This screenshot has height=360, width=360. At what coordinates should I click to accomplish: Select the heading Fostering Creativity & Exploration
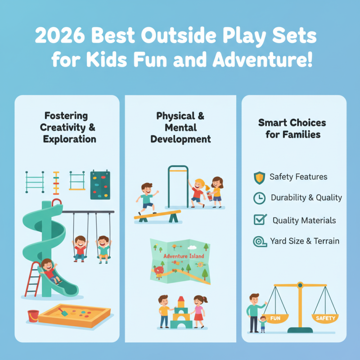[x=68, y=127]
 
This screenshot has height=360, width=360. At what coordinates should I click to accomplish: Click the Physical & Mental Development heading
[x=180, y=127]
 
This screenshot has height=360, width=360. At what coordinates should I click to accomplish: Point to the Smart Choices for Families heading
[x=292, y=128]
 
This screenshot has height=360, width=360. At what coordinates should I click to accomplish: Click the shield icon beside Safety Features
[x=259, y=177]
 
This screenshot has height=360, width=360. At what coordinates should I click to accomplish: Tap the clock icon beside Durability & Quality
[x=259, y=198]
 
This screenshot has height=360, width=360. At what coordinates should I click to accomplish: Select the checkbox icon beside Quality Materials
[x=260, y=220]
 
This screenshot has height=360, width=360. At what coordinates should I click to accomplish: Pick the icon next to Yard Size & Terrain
[x=259, y=241]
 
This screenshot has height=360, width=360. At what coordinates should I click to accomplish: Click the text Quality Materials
[x=304, y=220]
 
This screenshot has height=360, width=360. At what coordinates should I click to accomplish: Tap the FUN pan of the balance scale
[x=275, y=319]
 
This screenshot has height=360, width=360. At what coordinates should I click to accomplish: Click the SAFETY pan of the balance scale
[x=325, y=318]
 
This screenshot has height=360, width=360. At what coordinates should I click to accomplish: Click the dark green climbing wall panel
[x=100, y=185]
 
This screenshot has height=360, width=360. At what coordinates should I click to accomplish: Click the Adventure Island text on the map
[x=184, y=256]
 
